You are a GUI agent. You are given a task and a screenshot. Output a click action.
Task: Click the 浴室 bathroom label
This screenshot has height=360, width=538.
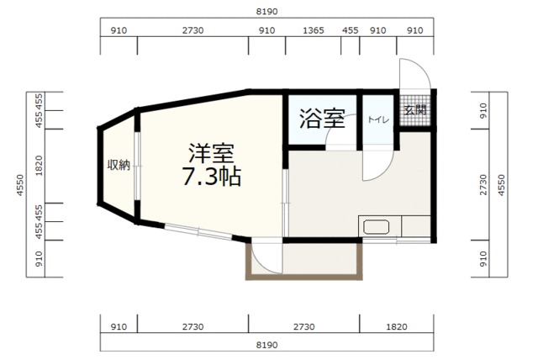click(x=322, y=119)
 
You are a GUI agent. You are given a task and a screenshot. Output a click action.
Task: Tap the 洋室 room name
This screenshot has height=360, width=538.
click(x=211, y=153)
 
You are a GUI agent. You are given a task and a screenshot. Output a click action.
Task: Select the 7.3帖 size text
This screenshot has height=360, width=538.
click(x=211, y=177)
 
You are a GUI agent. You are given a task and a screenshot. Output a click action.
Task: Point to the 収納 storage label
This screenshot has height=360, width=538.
click(x=119, y=166)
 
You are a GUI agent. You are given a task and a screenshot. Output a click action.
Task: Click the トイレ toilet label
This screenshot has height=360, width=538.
click(x=378, y=119)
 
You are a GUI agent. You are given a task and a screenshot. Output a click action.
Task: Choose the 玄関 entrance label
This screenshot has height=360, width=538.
click(x=414, y=110)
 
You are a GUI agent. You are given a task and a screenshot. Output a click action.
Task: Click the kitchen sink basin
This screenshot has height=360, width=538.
click(x=376, y=227)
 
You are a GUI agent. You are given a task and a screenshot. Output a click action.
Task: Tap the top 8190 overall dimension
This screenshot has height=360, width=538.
click(x=267, y=11)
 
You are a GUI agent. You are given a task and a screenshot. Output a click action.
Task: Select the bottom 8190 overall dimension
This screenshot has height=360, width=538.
click(x=267, y=345)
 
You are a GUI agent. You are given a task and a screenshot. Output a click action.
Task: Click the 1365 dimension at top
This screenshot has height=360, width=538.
click(x=314, y=30)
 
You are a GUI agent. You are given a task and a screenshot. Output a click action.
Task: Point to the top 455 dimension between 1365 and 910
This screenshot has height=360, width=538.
click(x=350, y=30)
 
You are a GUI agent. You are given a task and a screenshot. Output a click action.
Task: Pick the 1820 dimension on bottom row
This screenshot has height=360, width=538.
click(x=397, y=326)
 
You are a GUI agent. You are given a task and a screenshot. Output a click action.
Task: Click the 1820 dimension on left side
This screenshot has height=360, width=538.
click(x=40, y=166)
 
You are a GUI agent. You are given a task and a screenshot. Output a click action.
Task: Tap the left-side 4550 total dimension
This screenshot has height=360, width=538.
click(x=20, y=185)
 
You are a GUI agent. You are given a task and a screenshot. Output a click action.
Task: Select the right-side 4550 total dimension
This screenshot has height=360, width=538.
click(x=502, y=185)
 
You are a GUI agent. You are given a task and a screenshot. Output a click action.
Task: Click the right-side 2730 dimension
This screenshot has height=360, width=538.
click(x=483, y=185)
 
